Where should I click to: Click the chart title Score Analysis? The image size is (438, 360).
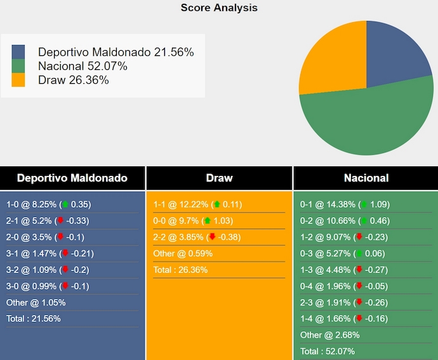219,8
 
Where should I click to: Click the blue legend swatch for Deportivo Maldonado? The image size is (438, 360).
18,52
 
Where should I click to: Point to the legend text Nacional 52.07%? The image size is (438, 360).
83,66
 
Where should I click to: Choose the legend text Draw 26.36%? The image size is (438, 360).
73,80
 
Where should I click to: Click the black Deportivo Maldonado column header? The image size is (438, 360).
72,178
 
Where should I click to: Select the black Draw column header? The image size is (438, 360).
219,178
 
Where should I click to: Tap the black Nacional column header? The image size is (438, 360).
366,178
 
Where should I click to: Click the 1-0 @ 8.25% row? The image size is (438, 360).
48,204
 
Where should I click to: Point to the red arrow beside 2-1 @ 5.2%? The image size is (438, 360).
60,221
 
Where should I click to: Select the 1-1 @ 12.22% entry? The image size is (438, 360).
197,204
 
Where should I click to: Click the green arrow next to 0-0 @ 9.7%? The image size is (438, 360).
208,221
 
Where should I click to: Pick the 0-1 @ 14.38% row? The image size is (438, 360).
345,204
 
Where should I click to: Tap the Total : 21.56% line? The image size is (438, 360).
34,319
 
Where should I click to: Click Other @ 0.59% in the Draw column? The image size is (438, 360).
183,253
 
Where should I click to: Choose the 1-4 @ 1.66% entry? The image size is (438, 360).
345,319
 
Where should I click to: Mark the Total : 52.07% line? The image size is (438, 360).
328,351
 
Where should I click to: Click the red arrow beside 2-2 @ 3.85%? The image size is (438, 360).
212,237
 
